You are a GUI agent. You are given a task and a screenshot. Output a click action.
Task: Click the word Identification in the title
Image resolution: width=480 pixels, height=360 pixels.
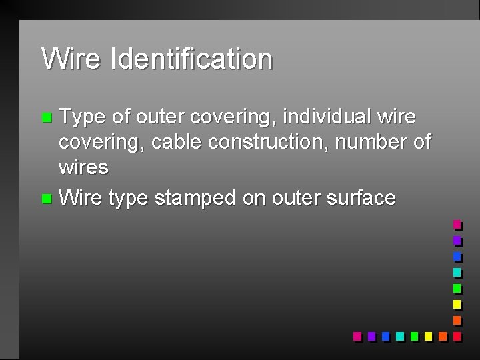tap(192, 59)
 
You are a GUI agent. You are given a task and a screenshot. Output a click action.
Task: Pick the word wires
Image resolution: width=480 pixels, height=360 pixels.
tap(83, 167)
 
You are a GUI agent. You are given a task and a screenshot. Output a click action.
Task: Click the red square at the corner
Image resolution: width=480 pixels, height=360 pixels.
tap(457, 336)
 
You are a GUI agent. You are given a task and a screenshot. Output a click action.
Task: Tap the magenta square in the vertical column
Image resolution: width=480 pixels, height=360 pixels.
tap(457, 225)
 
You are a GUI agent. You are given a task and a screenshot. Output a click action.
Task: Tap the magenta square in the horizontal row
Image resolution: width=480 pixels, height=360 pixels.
tap(357, 336)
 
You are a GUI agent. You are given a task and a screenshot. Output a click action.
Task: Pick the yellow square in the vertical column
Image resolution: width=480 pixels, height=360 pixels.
tap(457, 304)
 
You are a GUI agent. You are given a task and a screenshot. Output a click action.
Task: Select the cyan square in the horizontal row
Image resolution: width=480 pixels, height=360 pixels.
tap(399, 336)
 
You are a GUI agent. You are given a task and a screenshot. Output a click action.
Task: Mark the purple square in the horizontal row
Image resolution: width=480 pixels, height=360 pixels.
tap(371, 336)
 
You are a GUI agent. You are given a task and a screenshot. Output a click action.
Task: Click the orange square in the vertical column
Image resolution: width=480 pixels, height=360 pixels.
tap(457, 320)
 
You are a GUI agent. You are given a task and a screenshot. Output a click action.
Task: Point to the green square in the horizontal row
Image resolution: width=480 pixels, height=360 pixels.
tap(414, 336)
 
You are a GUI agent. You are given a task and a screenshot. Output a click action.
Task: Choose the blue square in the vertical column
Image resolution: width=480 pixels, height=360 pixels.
tap(457, 256)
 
